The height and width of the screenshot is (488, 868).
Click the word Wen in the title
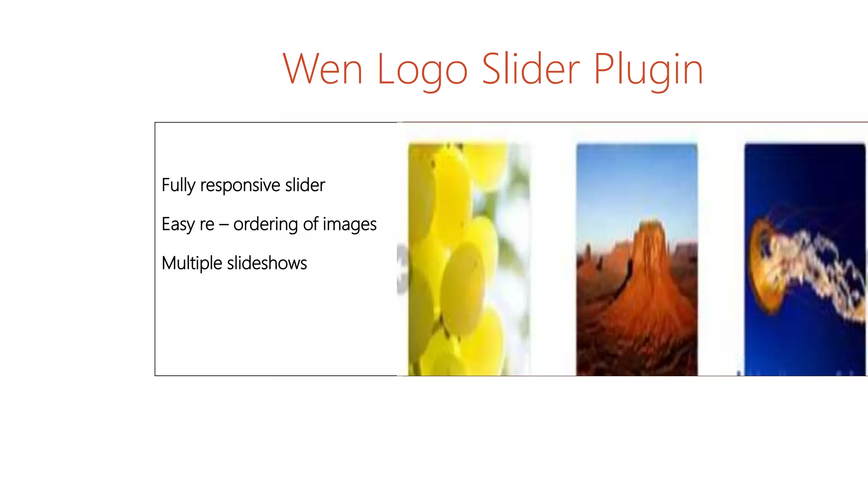point(323,69)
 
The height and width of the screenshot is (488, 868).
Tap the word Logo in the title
point(422,70)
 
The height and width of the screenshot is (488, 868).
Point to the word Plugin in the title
point(648,70)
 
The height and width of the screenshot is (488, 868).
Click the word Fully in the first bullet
point(178,186)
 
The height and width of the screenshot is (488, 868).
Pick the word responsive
point(240,186)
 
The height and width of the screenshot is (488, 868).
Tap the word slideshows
point(267,263)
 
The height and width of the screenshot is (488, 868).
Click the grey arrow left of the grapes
point(402,269)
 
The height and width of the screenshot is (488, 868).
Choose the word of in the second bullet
point(310,224)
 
